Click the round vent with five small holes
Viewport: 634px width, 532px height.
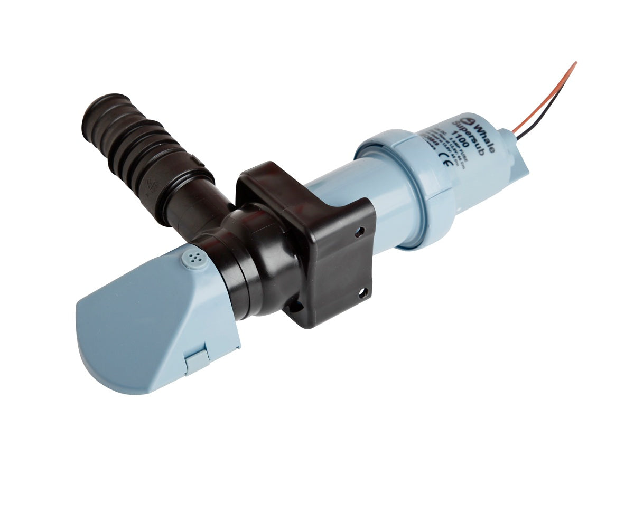point(193,258)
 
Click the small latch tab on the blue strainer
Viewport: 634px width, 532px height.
point(197,361)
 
